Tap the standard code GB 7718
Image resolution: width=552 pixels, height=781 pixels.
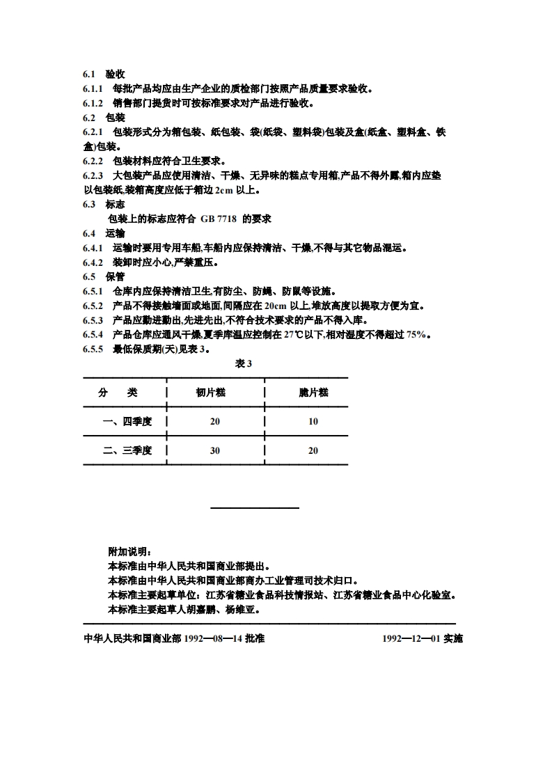coord(219,219)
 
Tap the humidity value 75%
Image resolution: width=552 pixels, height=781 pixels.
coord(416,335)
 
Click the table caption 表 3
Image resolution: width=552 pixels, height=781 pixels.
coord(243,363)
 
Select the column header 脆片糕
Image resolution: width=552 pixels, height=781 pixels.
coord(313,393)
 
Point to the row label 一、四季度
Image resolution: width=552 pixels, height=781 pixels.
coord(127,421)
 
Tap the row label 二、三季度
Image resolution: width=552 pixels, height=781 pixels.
coord(127,450)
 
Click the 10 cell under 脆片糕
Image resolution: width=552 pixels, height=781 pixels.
coord(313,421)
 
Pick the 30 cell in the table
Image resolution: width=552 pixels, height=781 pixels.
coord(214,450)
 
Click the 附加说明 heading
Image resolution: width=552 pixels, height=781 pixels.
coord(127,551)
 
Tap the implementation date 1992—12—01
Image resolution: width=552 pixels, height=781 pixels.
coord(411,638)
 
